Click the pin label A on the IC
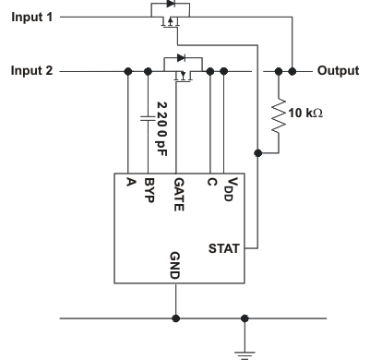(128, 182)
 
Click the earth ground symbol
(245, 349)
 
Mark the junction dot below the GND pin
(175, 318)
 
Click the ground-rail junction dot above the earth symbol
(245, 318)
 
